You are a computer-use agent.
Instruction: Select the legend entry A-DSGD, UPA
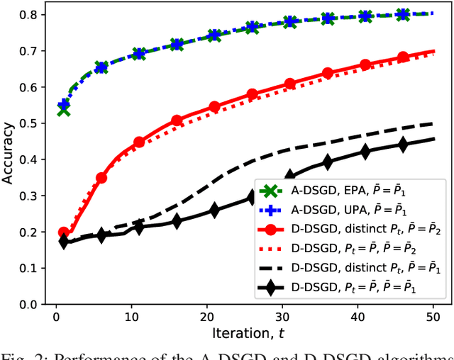tap(340, 210)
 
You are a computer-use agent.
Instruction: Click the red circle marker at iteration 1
tap(64, 232)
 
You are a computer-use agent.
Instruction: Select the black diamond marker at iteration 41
tap(365, 151)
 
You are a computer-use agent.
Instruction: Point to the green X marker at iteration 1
tap(64, 109)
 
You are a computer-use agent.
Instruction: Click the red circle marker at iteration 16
tap(177, 121)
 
